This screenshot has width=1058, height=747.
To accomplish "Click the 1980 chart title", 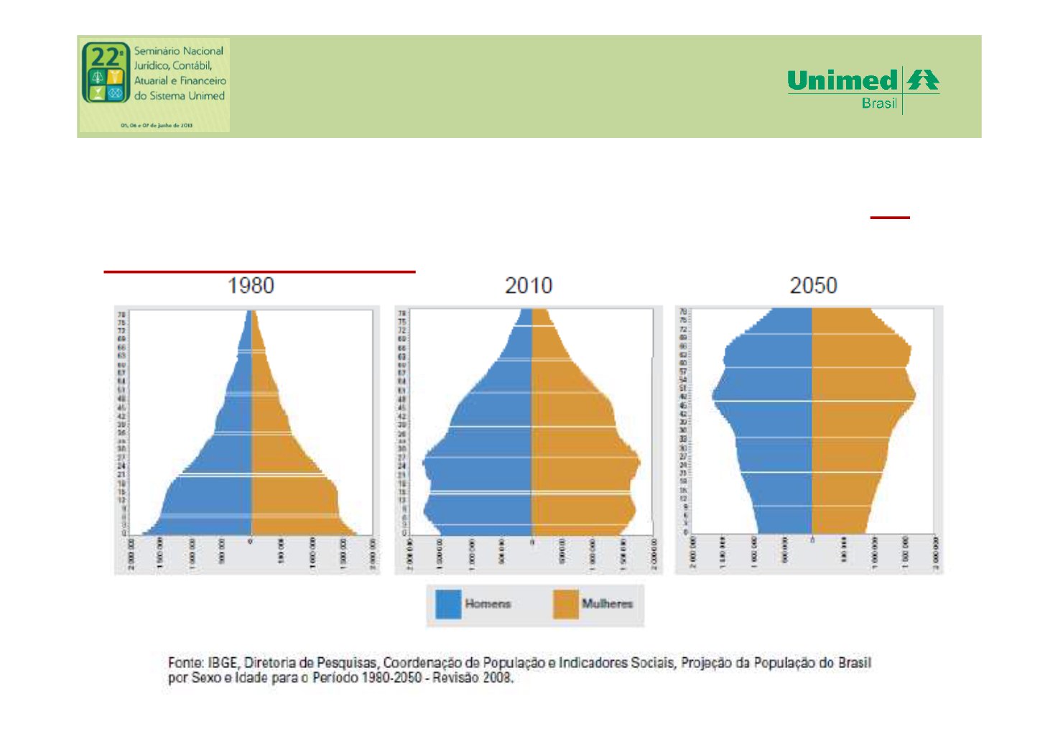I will [251, 286].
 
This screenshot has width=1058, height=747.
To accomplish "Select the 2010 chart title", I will [529, 286].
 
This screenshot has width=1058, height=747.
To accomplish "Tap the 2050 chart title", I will [813, 286].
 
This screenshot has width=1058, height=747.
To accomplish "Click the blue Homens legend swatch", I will [448, 604].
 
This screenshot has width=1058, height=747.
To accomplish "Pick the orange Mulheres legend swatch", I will [565, 604].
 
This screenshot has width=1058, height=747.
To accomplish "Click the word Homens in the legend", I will [488, 604].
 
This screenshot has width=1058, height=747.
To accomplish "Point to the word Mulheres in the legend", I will [607, 604].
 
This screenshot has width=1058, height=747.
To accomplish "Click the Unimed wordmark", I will [842, 80].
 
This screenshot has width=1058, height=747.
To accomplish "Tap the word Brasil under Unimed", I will [879, 103].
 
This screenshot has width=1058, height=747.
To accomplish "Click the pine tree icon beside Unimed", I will [922, 80].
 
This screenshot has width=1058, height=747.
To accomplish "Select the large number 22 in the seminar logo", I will [106, 57].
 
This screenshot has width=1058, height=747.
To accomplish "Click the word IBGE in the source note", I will [223, 662].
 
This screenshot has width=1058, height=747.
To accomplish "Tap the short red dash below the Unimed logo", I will [890, 217].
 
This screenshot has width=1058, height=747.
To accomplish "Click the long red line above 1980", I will [259, 272].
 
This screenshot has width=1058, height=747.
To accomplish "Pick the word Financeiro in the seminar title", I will [203, 81].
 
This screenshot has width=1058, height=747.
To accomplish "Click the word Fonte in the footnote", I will [185, 662].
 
